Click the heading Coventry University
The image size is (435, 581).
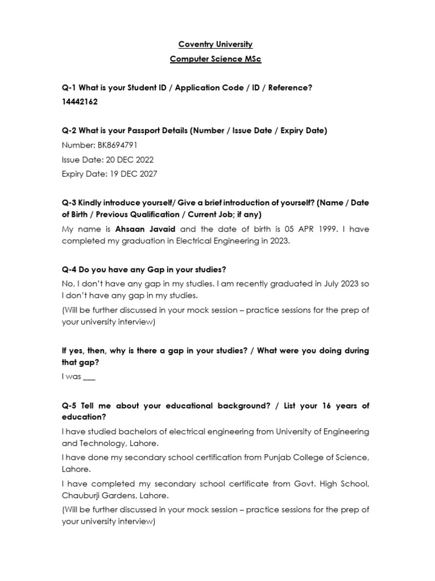215,44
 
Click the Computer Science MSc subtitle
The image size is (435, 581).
215,59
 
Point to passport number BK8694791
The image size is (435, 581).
117,145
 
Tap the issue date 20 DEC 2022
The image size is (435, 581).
130,160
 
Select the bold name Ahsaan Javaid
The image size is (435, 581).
146,229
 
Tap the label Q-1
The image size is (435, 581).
69,88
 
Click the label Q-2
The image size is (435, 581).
69,130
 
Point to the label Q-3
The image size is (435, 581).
69,203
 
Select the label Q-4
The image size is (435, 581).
69,270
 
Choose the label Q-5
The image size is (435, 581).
69,406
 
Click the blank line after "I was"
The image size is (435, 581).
89,377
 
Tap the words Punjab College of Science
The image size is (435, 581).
319,458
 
